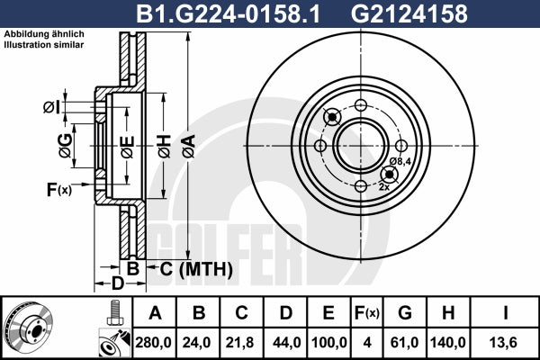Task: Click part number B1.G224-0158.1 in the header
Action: pyautogui.click(x=228, y=13)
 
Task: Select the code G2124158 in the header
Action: pyautogui.click(x=409, y=13)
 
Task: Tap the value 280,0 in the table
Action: pyautogui.click(x=153, y=342)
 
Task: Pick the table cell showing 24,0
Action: pyautogui.click(x=196, y=342)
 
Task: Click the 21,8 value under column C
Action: pyautogui.click(x=239, y=342)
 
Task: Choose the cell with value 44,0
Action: pyautogui.click(x=286, y=342)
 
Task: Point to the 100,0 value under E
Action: pyautogui.click(x=328, y=342)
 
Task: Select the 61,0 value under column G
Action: pyautogui.click(x=404, y=342)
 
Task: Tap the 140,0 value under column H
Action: pyautogui.click(x=448, y=342)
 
